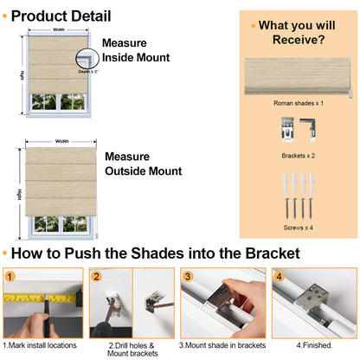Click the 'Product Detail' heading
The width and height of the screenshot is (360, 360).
61,16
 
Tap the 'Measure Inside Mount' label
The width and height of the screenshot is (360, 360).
135,49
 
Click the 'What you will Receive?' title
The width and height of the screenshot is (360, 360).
299,31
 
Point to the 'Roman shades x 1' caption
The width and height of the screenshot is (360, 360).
299,102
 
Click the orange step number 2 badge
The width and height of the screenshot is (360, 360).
97,277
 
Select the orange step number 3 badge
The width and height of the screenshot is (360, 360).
186,277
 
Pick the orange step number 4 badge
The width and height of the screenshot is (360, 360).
278,277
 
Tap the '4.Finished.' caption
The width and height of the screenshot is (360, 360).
313,346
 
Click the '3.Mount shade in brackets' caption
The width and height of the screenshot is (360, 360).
223,346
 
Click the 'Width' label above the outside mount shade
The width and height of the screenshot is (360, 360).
62,141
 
